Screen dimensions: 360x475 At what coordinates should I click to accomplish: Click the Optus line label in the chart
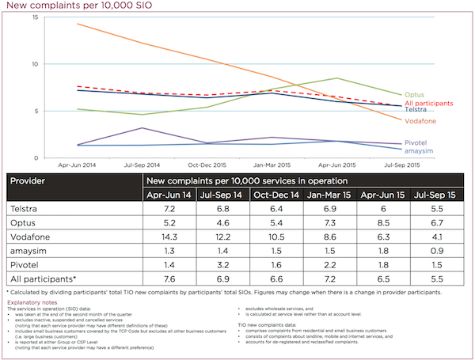tap(414, 95)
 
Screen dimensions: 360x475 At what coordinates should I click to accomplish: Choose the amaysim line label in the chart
tap(420, 150)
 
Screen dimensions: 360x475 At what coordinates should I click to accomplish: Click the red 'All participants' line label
tap(429, 104)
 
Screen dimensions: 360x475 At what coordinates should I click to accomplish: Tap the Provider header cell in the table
tap(28, 180)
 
